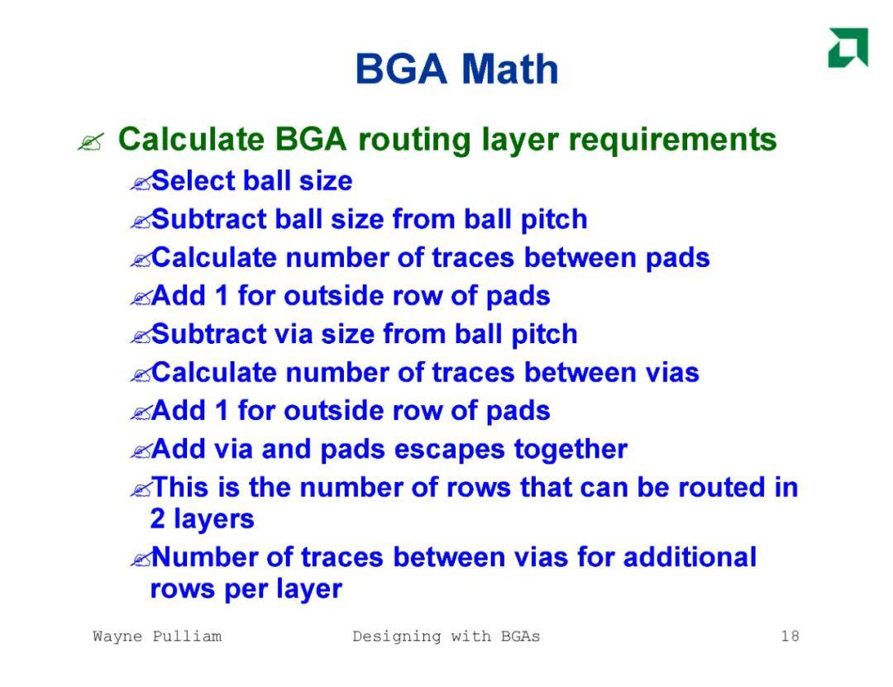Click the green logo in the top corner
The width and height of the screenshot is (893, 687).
848,47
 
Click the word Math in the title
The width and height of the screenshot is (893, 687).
509,69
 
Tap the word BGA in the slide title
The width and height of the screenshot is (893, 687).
401,69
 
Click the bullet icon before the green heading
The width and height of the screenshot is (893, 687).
91,142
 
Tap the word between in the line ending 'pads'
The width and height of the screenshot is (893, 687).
580,257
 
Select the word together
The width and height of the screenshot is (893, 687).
571,450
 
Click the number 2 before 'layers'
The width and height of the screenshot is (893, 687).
158,518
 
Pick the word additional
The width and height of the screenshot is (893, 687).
690,556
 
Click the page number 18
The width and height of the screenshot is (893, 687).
790,636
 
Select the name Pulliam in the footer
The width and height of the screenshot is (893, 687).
187,636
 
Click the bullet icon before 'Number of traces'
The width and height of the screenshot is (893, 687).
140,559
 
